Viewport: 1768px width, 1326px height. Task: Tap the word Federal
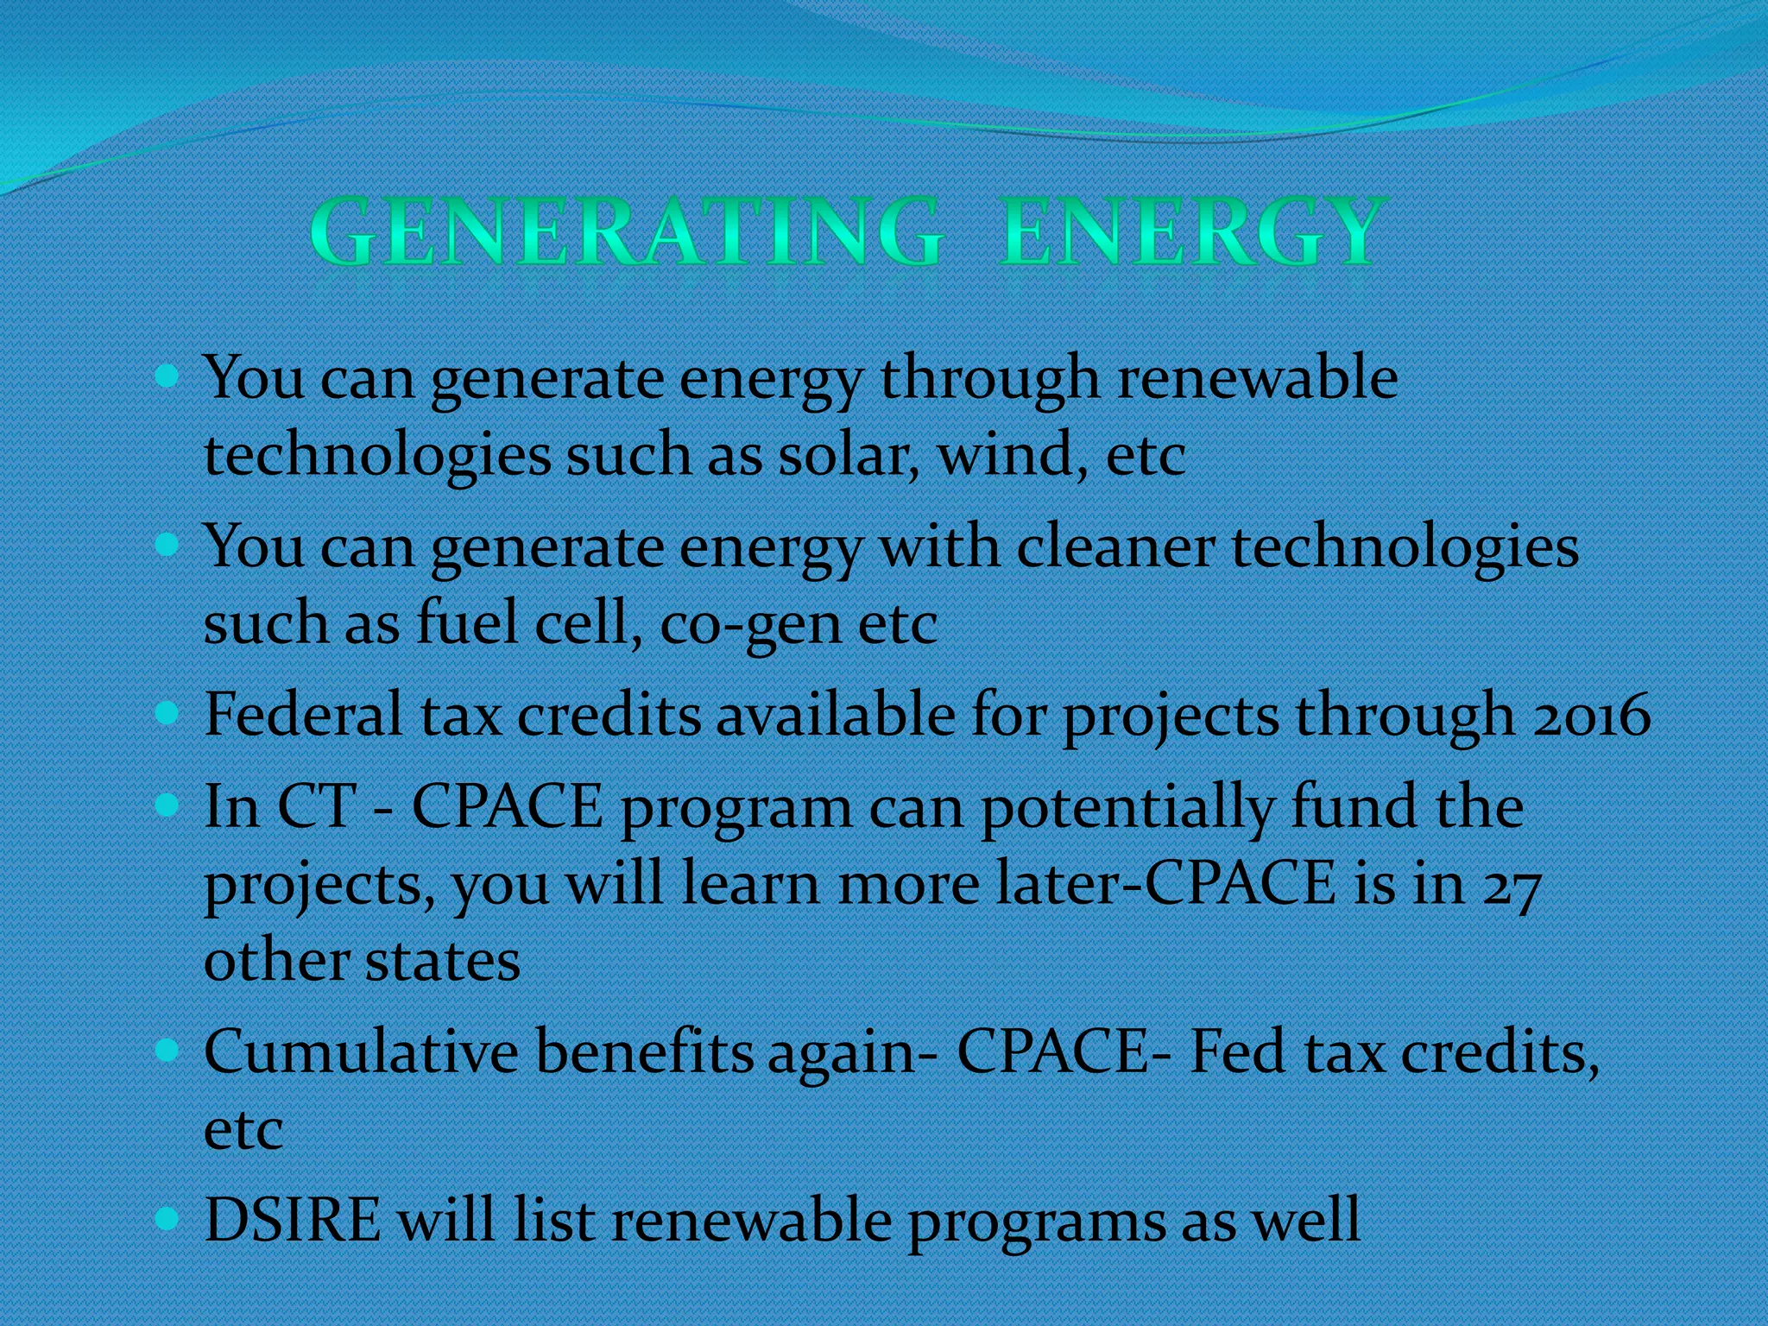coord(303,716)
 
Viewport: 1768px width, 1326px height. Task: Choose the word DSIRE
coord(292,1221)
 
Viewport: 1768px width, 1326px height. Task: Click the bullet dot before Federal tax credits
coord(167,713)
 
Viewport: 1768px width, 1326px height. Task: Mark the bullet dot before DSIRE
coord(167,1218)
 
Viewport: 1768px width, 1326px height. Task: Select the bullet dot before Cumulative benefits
coord(167,1050)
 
